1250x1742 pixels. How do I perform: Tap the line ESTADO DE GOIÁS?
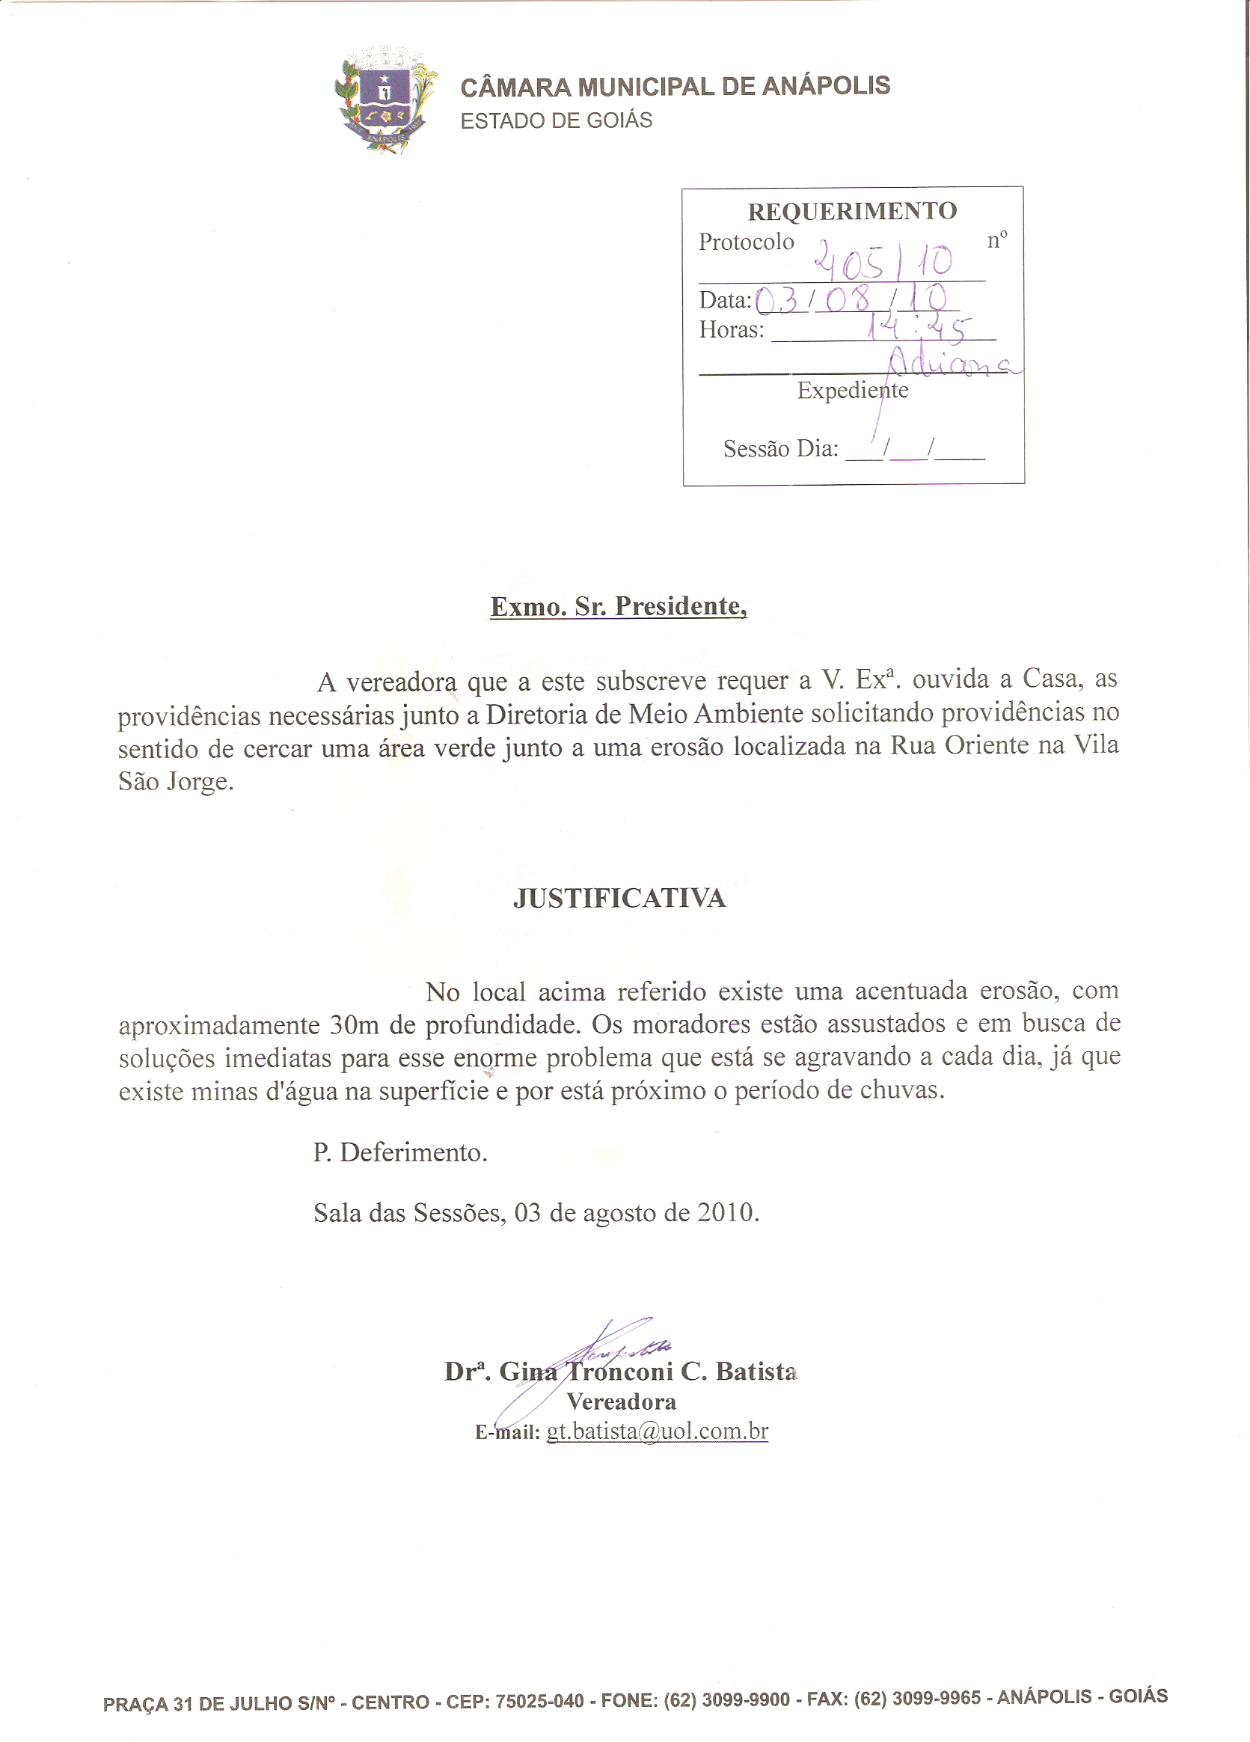(556, 120)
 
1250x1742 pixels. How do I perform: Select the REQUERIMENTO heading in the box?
(851, 211)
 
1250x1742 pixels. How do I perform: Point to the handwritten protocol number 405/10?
(884, 261)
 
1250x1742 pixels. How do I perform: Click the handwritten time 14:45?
(917, 328)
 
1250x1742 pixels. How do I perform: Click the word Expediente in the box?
(852, 390)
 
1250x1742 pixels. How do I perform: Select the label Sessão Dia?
(780, 448)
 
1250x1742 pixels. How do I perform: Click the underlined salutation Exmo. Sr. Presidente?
(618, 606)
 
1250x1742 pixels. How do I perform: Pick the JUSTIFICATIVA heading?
(619, 898)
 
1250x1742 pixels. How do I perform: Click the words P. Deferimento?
(400, 1152)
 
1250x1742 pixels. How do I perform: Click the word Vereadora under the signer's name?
(621, 1402)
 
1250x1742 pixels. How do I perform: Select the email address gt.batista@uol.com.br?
(658, 1431)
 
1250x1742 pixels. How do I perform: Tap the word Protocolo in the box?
(746, 242)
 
